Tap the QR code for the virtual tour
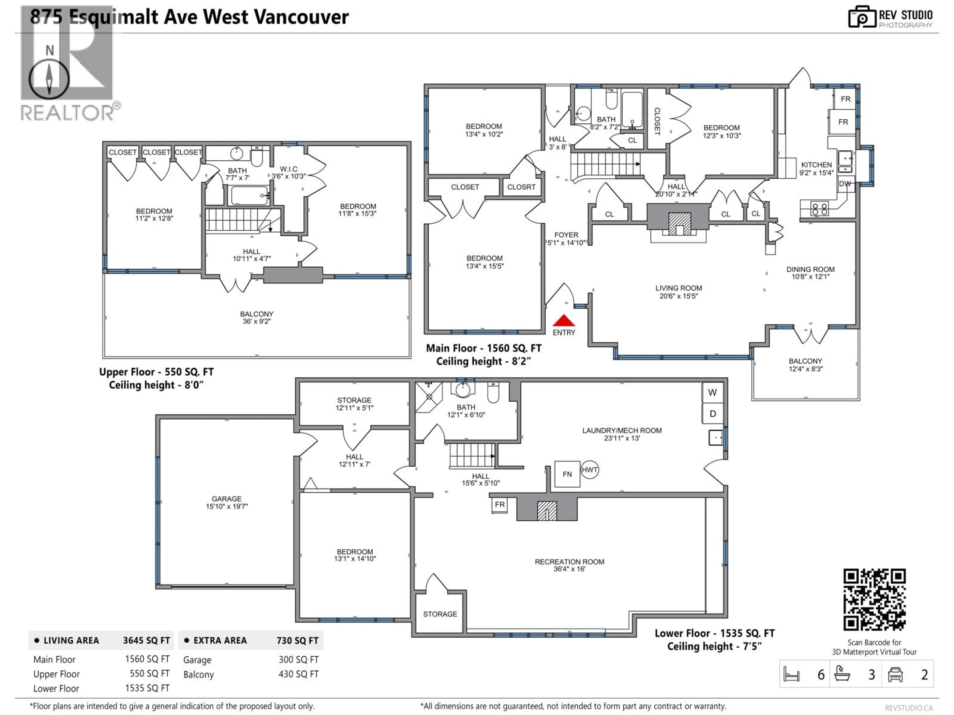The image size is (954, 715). click(x=874, y=600)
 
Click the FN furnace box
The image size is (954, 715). click(x=567, y=474)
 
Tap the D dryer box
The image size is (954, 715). click(x=713, y=414)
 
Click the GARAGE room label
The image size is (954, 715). click(x=226, y=499)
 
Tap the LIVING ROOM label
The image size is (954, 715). click(x=678, y=288)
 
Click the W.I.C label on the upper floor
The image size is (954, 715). click(x=288, y=169)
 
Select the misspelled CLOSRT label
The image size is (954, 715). click(x=521, y=187)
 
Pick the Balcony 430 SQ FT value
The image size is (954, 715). click(x=298, y=674)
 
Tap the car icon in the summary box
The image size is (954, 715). click(x=895, y=675)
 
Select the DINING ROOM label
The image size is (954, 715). click(x=810, y=269)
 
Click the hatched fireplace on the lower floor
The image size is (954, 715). click(x=547, y=511)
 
